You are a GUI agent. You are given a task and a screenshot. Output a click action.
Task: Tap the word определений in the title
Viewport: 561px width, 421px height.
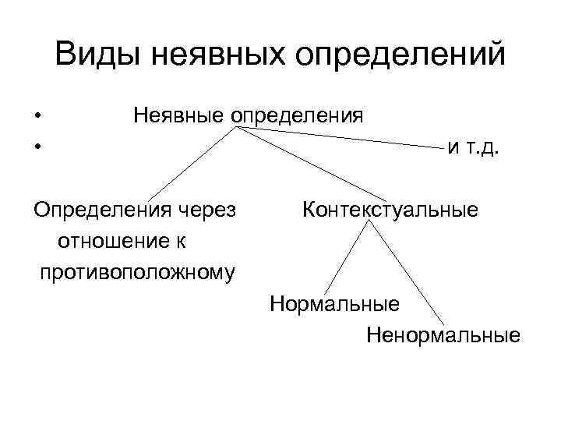pyautogui.click(x=405, y=56)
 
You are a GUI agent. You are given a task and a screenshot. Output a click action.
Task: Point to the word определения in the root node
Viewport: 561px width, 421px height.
pyautogui.click(x=296, y=117)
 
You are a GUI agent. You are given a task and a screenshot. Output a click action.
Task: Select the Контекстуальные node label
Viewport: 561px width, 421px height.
pyautogui.click(x=390, y=210)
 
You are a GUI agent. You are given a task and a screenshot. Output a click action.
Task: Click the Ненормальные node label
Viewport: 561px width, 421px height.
pyautogui.click(x=443, y=336)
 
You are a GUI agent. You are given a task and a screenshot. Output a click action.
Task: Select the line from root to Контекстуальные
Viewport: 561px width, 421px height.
pyautogui.click(x=312, y=162)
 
